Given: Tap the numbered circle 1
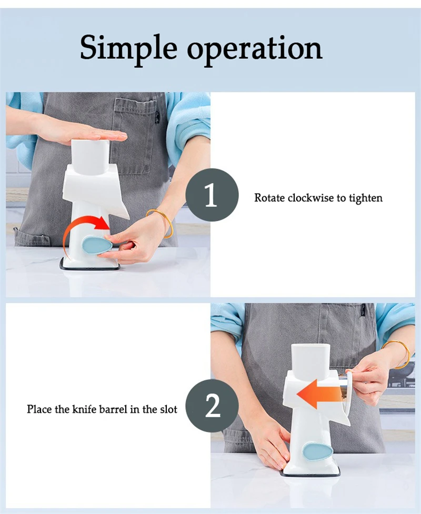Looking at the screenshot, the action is (212, 195).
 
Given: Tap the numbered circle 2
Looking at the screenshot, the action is (212, 406).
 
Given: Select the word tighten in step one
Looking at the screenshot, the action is (366, 198).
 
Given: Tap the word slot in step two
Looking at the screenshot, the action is (168, 409).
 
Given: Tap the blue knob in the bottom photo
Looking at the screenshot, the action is (317, 451).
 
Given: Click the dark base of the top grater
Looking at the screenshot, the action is (89, 265).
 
